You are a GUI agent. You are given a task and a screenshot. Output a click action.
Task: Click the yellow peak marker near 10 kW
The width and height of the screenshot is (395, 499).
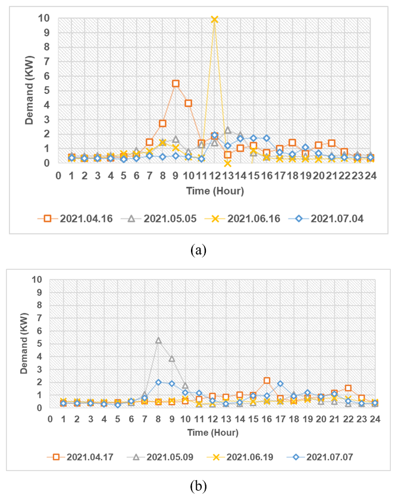pos(214,19)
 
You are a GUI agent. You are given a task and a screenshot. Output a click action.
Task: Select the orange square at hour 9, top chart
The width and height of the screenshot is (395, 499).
pos(175,83)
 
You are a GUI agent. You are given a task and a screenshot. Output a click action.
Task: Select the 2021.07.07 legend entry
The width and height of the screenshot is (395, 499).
pos(330,457)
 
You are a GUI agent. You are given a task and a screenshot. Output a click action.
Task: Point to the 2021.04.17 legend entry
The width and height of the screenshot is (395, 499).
pos(85,457)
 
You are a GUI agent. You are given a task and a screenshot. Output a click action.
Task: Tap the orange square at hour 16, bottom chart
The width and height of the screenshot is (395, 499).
pos(267,381)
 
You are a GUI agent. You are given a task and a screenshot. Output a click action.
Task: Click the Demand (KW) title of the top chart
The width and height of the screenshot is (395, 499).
pos(29,90)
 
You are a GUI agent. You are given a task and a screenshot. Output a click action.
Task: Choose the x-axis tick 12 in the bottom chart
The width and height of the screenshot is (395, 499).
pos(212,419)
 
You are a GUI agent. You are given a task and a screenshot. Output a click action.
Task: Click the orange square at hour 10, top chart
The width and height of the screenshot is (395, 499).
pos(189,103)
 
